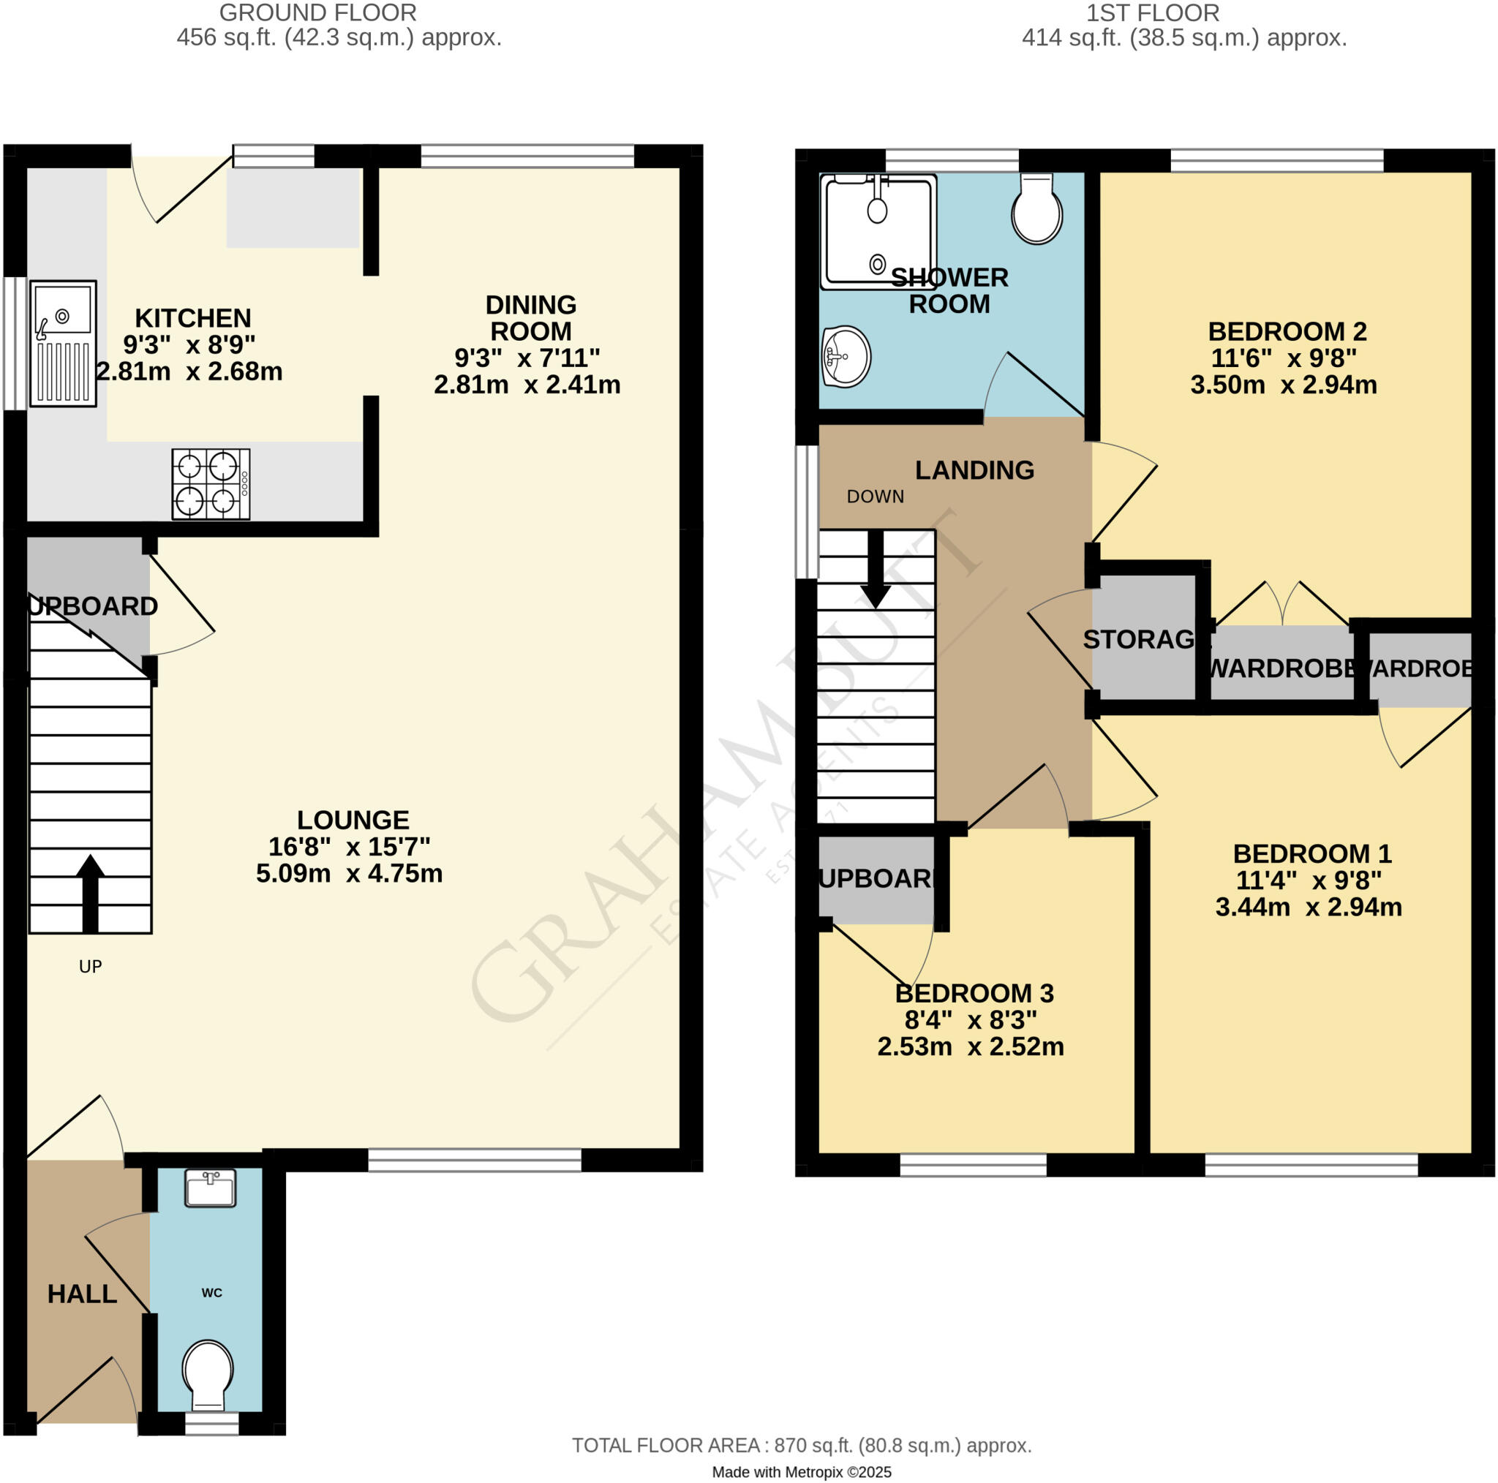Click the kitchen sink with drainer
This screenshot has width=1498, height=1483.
pyautogui.click(x=63, y=344)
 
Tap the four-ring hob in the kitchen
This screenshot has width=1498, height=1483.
pyautogui.click(x=210, y=485)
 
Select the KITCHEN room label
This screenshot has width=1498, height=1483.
pyautogui.click(x=193, y=318)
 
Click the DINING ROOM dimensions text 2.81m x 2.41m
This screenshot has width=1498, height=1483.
pyautogui.click(x=527, y=385)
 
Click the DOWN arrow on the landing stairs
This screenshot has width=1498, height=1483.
pyautogui.click(x=876, y=570)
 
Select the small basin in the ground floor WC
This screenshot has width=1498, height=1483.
pyautogui.click(x=209, y=1188)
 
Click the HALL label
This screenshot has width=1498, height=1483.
pyautogui.click(x=82, y=1294)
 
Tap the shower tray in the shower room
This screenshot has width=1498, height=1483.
pyautogui.click(x=878, y=230)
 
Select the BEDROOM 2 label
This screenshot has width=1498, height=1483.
pyautogui.click(x=1287, y=332)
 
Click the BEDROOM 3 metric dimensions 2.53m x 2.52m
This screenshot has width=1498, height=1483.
pyautogui.click(x=970, y=1046)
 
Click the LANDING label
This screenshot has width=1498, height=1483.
pyautogui.click(x=974, y=469)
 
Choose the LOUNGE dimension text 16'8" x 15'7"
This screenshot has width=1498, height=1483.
pyautogui.click(x=349, y=847)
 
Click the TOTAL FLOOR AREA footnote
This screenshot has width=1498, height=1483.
pyautogui.click(x=801, y=1445)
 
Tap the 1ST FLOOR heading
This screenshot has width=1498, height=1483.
pyautogui.click(x=1152, y=13)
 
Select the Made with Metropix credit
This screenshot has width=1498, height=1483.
pyautogui.click(x=801, y=1472)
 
